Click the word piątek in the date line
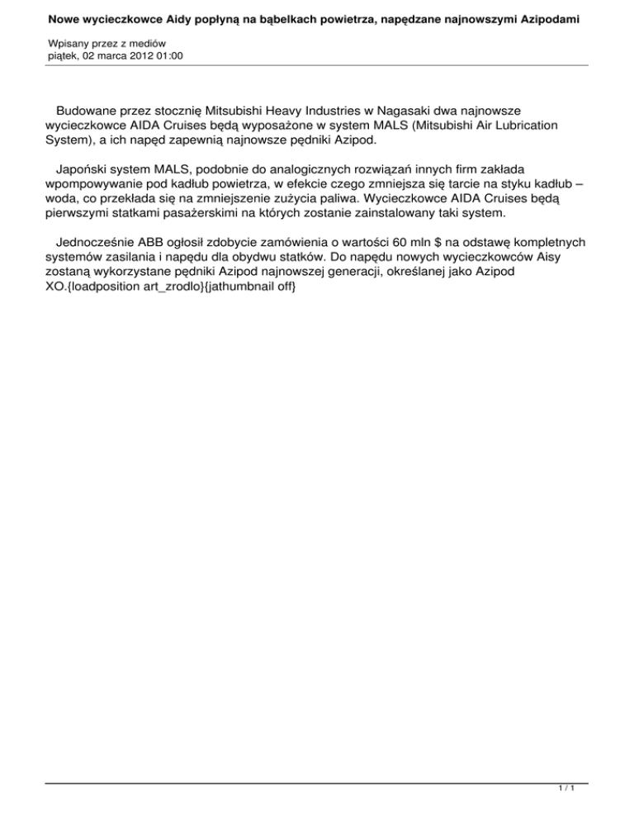65,55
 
